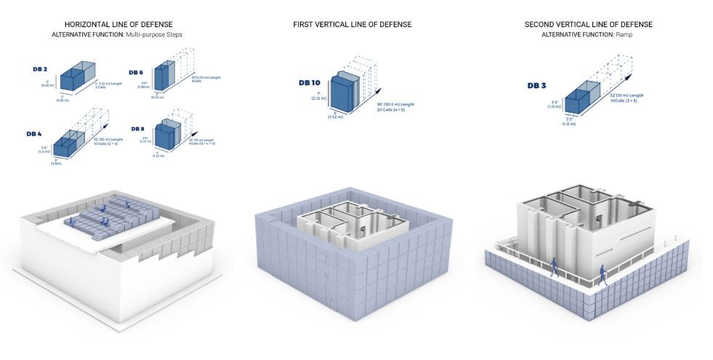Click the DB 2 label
click(x=41, y=69)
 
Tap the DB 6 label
click(x=136, y=73)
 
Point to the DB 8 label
click(x=138, y=129)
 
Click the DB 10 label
click(x=309, y=83)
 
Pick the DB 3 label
click(x=537, y=86)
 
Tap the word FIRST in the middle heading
click(x=305, y=25)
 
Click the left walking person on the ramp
click(x=553, y=266)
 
